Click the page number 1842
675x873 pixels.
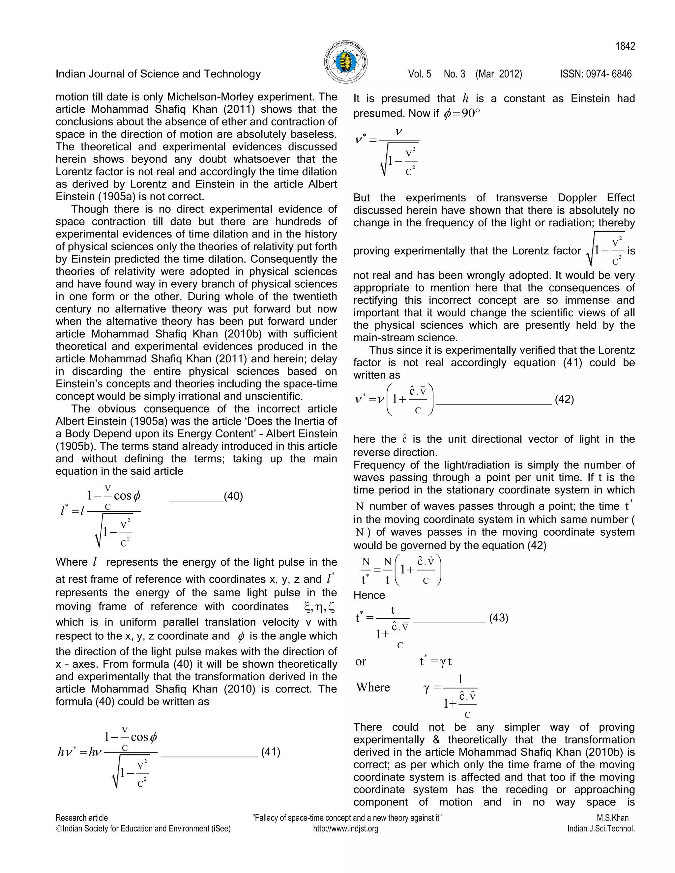[x=625, y=46]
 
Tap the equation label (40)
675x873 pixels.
[x=234, y=496]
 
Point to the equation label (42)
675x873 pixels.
[x=564, y=399]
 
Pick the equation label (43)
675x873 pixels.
[x=499, y=618]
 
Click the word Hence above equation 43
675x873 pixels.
[x=369, y=595]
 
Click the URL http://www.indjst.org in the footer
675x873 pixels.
[x=345, y=829]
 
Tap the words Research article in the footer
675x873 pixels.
[x=82, y=818]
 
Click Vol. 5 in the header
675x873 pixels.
[x=420, y=74]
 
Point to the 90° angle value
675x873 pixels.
[x=471, y=114]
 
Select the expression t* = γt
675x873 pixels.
[x=435, y=662]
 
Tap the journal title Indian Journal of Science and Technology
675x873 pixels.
[x=158, y=74]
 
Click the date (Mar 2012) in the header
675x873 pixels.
[x=499, y=74]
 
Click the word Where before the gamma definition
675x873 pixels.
[x=373, y=687]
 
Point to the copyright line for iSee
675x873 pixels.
[x=143, y=829]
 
